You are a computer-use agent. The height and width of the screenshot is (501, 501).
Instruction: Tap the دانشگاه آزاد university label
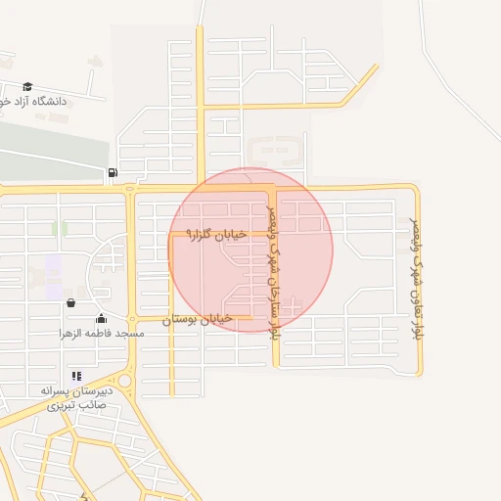pos(37,101)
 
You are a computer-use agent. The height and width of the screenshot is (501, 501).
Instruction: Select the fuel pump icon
pos(114,174)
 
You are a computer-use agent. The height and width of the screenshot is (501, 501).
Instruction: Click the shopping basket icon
pos(70,303)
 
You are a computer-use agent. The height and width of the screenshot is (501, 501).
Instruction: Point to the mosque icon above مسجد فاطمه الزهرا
pos(101,318)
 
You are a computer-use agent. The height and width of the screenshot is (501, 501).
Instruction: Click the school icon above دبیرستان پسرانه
pos(76,376)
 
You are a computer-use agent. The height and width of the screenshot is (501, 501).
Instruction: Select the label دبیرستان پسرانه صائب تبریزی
pos(76,397)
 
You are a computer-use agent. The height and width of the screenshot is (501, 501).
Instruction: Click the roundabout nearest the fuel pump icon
pos(131,189)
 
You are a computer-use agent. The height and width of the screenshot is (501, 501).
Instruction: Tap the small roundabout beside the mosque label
pos(131,319)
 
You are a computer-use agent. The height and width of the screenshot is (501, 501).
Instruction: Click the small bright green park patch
pos(64,229)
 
